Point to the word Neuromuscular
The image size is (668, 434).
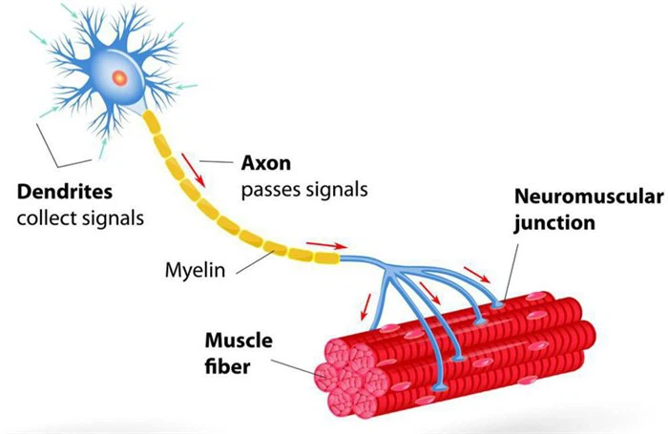click(587, 198)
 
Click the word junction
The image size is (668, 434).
click(553, 224)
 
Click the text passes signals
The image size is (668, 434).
click(302, 189)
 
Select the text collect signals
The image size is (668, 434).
click(81, 217)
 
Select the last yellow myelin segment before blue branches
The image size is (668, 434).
click(326, 256)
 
